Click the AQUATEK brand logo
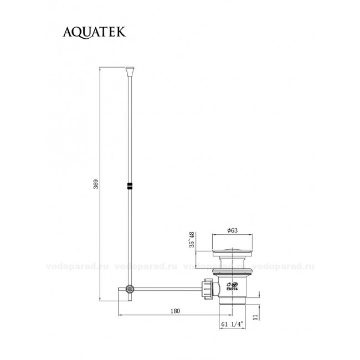[x=94, y=32]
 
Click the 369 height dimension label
[x=96, y=184]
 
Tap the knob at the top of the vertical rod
[x=130, y=71]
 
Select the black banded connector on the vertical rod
[x=130, y=186]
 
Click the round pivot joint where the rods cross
[x=130, y=289]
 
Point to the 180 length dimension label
[x=175, y=311]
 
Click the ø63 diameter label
[x=233, y=230]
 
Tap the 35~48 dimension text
[x=192, y=240]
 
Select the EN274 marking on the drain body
[x=232, y=289]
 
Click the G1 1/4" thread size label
[x=232, y=324]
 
